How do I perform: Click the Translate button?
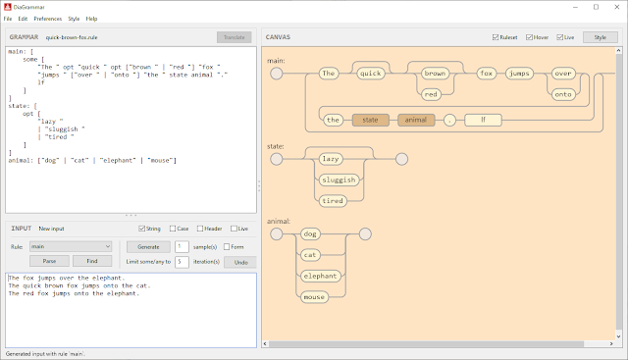(x=234, y=37)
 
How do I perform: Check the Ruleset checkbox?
(x=496, y=37)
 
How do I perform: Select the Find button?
(x=91, y=261)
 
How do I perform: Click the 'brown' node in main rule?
(x=436, y=73)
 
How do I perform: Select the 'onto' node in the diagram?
(x=562, y=94)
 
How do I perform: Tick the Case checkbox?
(x=174, y=230)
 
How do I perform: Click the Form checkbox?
(x=227, y=247)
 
